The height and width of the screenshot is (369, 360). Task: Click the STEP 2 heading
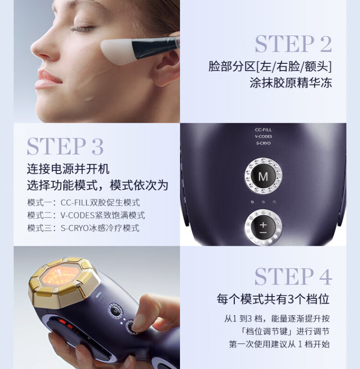tap(293, 44)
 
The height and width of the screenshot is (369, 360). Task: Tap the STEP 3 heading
tap(65, 146)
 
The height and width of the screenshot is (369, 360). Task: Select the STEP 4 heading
tap(293, 276)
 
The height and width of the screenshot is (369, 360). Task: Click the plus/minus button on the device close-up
tap(263, 227)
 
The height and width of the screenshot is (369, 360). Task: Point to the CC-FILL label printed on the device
tap(263, 130)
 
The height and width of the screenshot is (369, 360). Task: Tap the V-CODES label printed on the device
tap(263, 136)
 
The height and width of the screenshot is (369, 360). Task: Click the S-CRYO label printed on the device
tap(263, 143)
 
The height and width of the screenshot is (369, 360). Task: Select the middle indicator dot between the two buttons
tap(263, 202)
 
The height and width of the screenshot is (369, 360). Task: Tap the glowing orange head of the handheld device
tap(60, 276)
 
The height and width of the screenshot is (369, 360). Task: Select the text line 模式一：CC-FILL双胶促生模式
tap(84, 202)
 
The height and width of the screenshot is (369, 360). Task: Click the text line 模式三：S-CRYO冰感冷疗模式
tap(84, 228)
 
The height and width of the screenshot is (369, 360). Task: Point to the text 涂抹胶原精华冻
tap(291, 83)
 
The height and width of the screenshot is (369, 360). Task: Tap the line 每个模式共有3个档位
tap(273, 299)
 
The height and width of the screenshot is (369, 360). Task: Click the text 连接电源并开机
tap(68, 169)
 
